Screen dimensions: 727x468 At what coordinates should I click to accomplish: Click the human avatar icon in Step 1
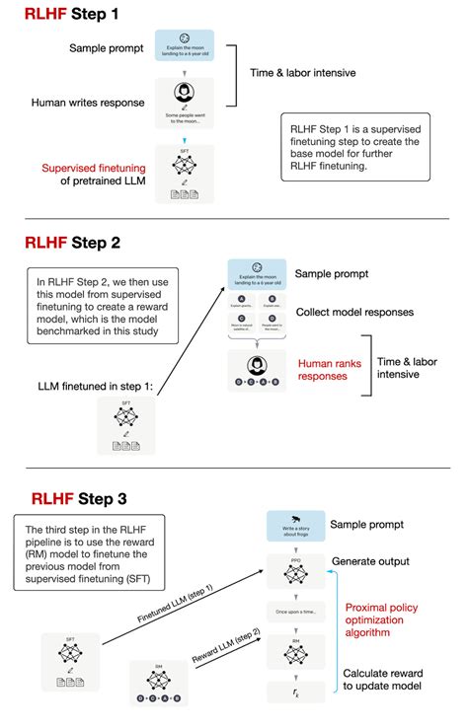[186, 93]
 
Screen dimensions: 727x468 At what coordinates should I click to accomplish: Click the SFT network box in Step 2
[125, 426]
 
